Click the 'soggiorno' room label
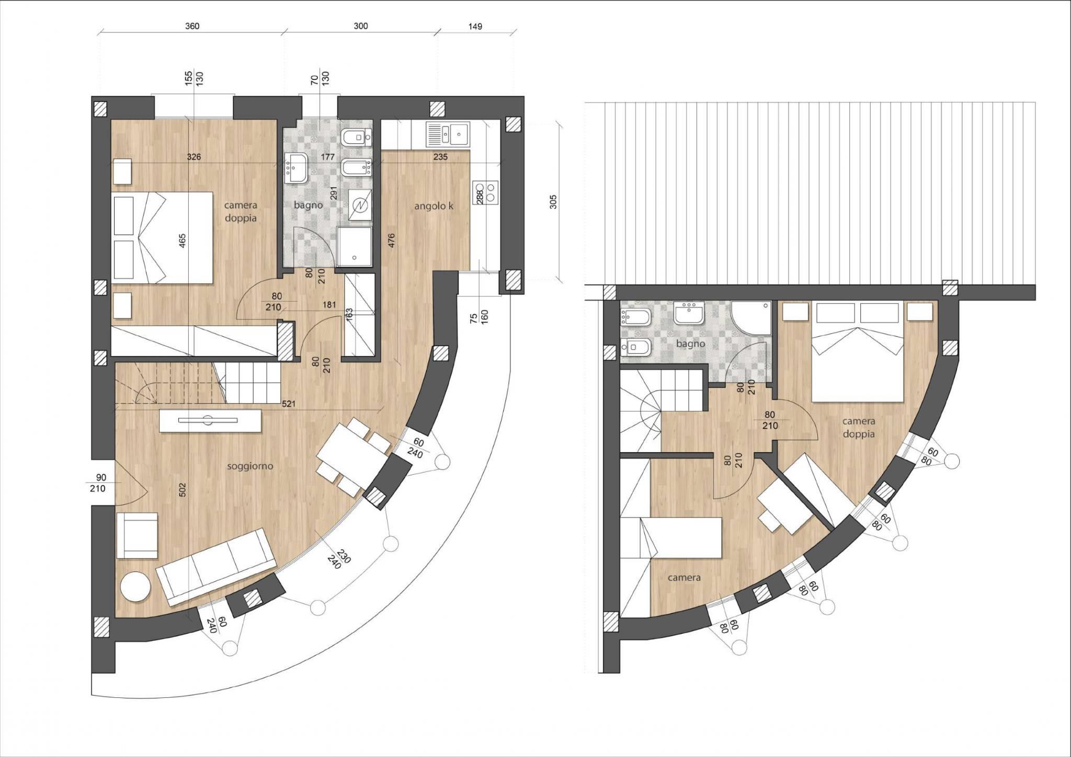(x=250, y=466)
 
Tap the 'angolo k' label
(x=434, y=206)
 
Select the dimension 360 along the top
(x=192, y=26)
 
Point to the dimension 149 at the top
(x=475, y=26)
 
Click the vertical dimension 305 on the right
(x=554, y=202)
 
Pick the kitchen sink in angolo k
(x=448, y=133)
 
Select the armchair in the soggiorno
(x=137, y=535)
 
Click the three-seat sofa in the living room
(x=217, y=565)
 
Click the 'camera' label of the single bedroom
(x=684, y=578)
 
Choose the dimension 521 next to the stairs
(x=288, y=404)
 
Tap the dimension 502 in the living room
(x=183, y=489)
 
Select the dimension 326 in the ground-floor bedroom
(x=193, y=156)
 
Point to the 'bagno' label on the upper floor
(x=690, y=343)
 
